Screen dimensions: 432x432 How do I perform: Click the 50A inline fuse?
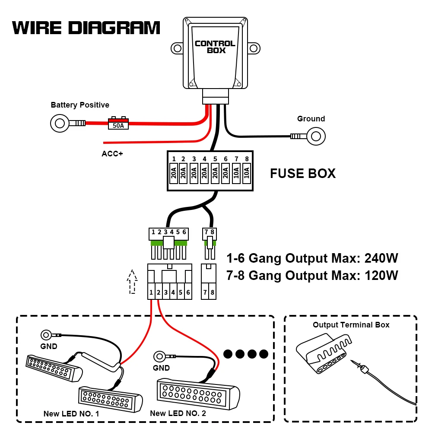pyautogui.click(x=118, y=125)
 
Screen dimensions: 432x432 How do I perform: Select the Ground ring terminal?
pyautogui.click(x=316, y=137)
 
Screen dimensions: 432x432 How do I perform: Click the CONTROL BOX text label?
pyautogui.click(x=215, y=47)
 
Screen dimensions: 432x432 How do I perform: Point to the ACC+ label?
pyautogui.click(x=112, y=153)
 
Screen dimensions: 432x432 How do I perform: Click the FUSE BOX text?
pyautogui.click(x=302, y=173)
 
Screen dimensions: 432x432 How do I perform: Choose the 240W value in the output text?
pyautogui.click(x=381, y=259)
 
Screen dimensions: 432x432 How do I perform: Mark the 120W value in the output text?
pyautogui.click(x=381, y=275)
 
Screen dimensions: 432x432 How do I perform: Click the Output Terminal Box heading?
pyautogui.click(x=351, y=325)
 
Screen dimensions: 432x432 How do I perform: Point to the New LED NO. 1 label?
pyautogui.click(x=71, y=414)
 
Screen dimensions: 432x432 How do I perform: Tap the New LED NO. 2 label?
pyautogui.click(x=178, y=413)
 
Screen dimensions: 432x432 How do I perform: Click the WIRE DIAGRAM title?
pyautogui.click(x=86, y=28)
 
